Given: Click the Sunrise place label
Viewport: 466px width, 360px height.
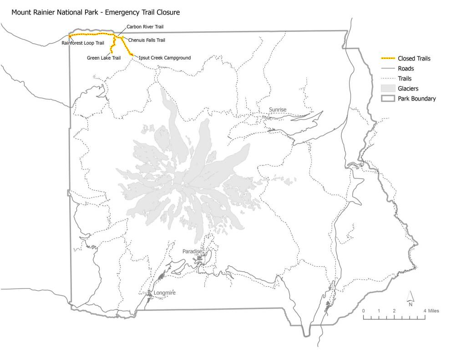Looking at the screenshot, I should [278, 110].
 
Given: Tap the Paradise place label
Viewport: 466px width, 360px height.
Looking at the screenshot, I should [192, 251].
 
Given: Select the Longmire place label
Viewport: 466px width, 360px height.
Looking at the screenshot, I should [165, 293].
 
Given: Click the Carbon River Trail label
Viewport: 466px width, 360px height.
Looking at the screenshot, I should [145, 27].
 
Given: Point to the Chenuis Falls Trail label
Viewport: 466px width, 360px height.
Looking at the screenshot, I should [147, 40].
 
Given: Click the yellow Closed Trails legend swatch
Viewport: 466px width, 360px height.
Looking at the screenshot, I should [387, 59].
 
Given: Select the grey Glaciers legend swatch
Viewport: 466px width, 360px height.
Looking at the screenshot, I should [387, 88].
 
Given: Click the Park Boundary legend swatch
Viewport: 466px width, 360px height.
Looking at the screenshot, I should [387, 98].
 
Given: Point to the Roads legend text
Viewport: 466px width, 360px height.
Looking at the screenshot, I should [405, 69].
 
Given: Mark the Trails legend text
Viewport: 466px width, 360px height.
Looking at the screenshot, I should [405, 79].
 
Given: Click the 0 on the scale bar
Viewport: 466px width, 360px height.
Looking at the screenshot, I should [363, 311].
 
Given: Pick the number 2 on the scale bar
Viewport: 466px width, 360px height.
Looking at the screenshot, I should [394, 311].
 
